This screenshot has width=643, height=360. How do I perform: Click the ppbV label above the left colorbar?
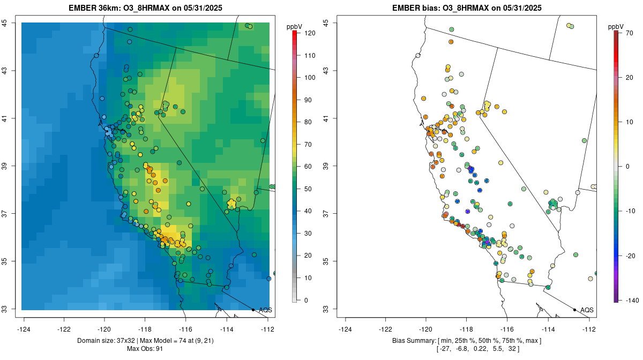pyautogui.click(x=294, y=26)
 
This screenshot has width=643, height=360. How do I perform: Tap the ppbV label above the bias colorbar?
pyautogui.click(x=616, y=26)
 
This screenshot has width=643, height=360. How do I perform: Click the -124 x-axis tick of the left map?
pyautogui.click(x=24, y=329)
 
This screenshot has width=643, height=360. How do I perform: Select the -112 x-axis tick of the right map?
pyautogui.click(x=589, y=329)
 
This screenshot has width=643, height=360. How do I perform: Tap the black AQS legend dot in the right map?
pyautogui.click(x=574, y=310)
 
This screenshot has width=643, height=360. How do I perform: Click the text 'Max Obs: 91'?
pyautogui.click(x=145, y=349)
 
